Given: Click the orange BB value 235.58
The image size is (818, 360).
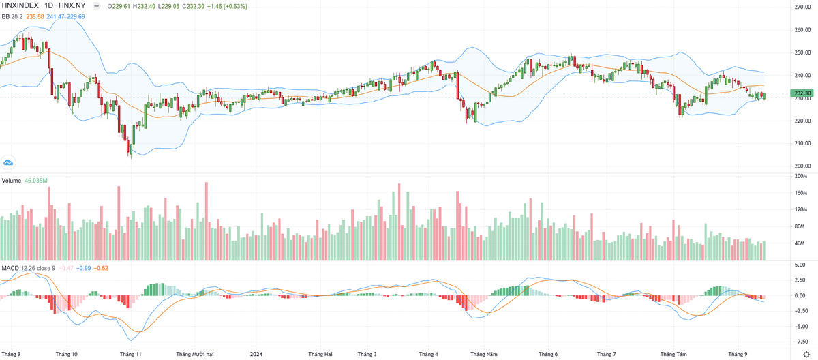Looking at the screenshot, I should (x=35, y=16).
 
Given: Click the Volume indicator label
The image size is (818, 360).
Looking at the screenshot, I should (x=11, y=181).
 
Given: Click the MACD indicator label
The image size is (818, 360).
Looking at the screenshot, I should (x=10, y=268).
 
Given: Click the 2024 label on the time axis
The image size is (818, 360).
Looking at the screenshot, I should (x=256, y=355).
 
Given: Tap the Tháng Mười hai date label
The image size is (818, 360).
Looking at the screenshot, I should (x=195, y=355).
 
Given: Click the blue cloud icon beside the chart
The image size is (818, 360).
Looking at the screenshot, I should (x=8, y=162).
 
